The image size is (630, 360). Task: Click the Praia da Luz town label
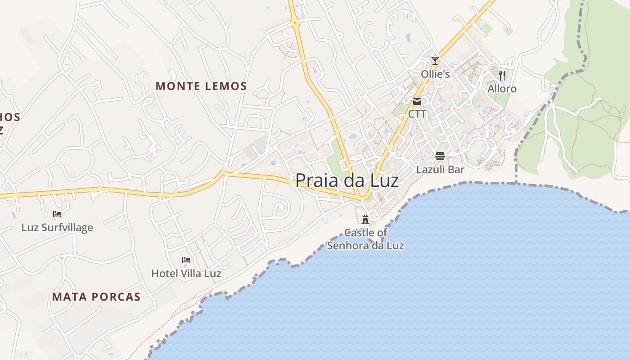[346, 180]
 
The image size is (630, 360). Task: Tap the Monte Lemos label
[201, 86]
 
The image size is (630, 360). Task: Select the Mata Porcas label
[96, 297]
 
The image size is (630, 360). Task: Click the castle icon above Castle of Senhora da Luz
[365, 220]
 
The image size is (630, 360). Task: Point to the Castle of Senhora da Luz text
[365, 239]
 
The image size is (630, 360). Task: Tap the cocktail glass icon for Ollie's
[435, 60]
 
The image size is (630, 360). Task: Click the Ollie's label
[435, 74]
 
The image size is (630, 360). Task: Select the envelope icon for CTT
[417, 101]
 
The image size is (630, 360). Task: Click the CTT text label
[417, 114]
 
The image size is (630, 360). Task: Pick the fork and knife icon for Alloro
[502, 75]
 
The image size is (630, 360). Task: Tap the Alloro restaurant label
[502, 89]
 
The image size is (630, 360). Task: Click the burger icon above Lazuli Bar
[440, 156]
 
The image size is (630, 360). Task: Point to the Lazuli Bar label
[440, 170]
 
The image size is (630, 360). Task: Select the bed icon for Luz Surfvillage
[57, 214]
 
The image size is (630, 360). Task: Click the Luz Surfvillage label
[57, 227]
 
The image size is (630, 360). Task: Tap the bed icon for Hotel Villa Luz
[186, 260]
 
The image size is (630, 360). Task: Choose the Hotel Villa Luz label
[186, 273]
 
